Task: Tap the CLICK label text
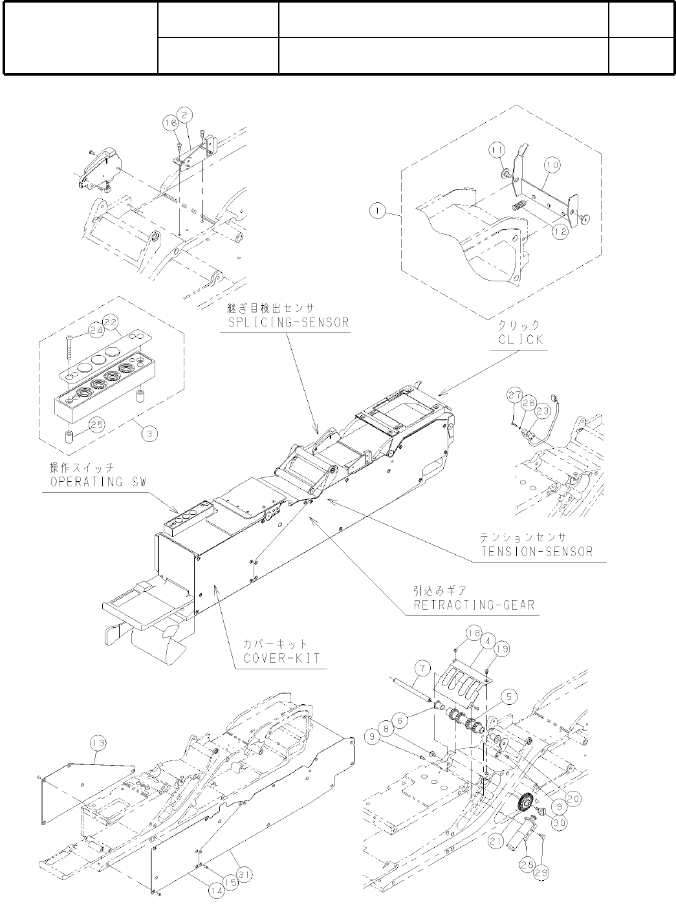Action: (520, 339)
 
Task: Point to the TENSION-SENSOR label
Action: (536, 551)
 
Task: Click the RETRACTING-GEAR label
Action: (474, 604)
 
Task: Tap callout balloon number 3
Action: (149, 433)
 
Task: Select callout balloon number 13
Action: (97, 745)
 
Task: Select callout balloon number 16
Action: (170, 123)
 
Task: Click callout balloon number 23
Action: (542, 409)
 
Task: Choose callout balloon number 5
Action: (510, 696)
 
